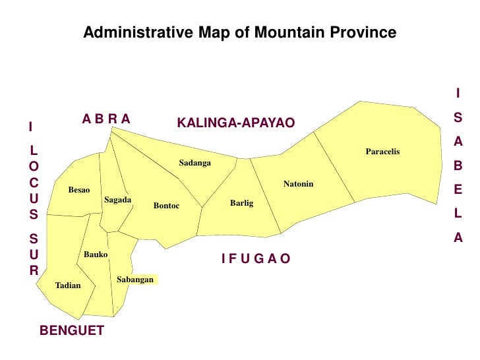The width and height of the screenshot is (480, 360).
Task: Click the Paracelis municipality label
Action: pos(382,152)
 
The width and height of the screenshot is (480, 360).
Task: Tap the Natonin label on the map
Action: pos(298,183)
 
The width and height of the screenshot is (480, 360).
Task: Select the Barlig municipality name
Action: pos(241,203)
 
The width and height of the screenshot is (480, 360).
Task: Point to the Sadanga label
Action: pos(195,163)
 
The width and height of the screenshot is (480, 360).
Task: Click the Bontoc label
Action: pos(166,206)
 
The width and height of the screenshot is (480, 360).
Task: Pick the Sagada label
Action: pos(118,200)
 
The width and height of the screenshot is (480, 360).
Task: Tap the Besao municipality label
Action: pos(79,191)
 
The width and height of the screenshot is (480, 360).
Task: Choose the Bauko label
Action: pos(96,255)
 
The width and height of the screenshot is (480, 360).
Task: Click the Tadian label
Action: pos(68,285)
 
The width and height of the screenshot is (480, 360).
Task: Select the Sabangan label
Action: pos(135,280)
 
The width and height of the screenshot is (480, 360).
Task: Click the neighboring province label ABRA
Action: pos(106,119)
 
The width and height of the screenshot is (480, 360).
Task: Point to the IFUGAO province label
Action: pos(256,258)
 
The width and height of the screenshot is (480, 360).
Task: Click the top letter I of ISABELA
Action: pos(458,94)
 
